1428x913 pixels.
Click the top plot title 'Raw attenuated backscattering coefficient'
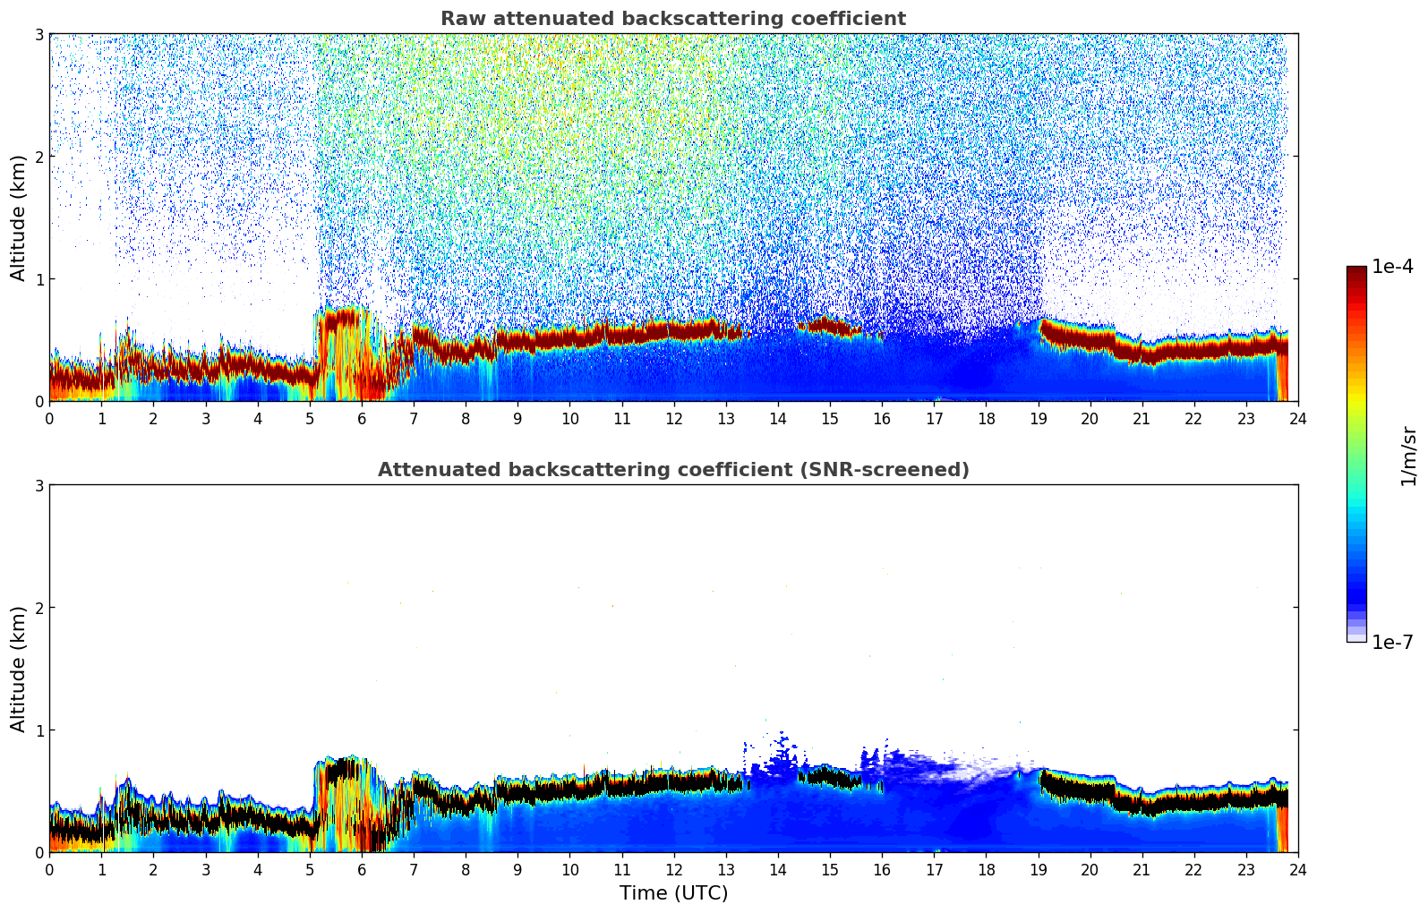672,19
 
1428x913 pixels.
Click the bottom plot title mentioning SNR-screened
672,470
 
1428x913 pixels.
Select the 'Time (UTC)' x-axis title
673,893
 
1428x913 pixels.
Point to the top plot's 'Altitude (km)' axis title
19,218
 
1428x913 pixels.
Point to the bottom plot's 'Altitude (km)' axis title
19,669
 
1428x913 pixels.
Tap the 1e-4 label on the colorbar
1392,267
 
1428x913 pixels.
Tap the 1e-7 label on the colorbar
1392,642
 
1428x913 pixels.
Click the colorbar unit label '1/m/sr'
1408,456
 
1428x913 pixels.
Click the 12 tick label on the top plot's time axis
673,418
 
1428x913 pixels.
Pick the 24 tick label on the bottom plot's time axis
1297,869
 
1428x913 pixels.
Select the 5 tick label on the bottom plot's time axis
310,869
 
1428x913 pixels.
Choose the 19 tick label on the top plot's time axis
1038,418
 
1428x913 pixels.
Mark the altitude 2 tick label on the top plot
39,157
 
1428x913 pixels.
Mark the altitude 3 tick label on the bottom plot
39,486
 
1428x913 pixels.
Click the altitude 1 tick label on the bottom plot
39,730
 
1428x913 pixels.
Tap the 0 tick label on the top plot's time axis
49,418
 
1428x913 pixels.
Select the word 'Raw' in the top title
458,19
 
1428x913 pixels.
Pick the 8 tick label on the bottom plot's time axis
466,869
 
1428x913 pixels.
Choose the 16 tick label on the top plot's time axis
882,418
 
